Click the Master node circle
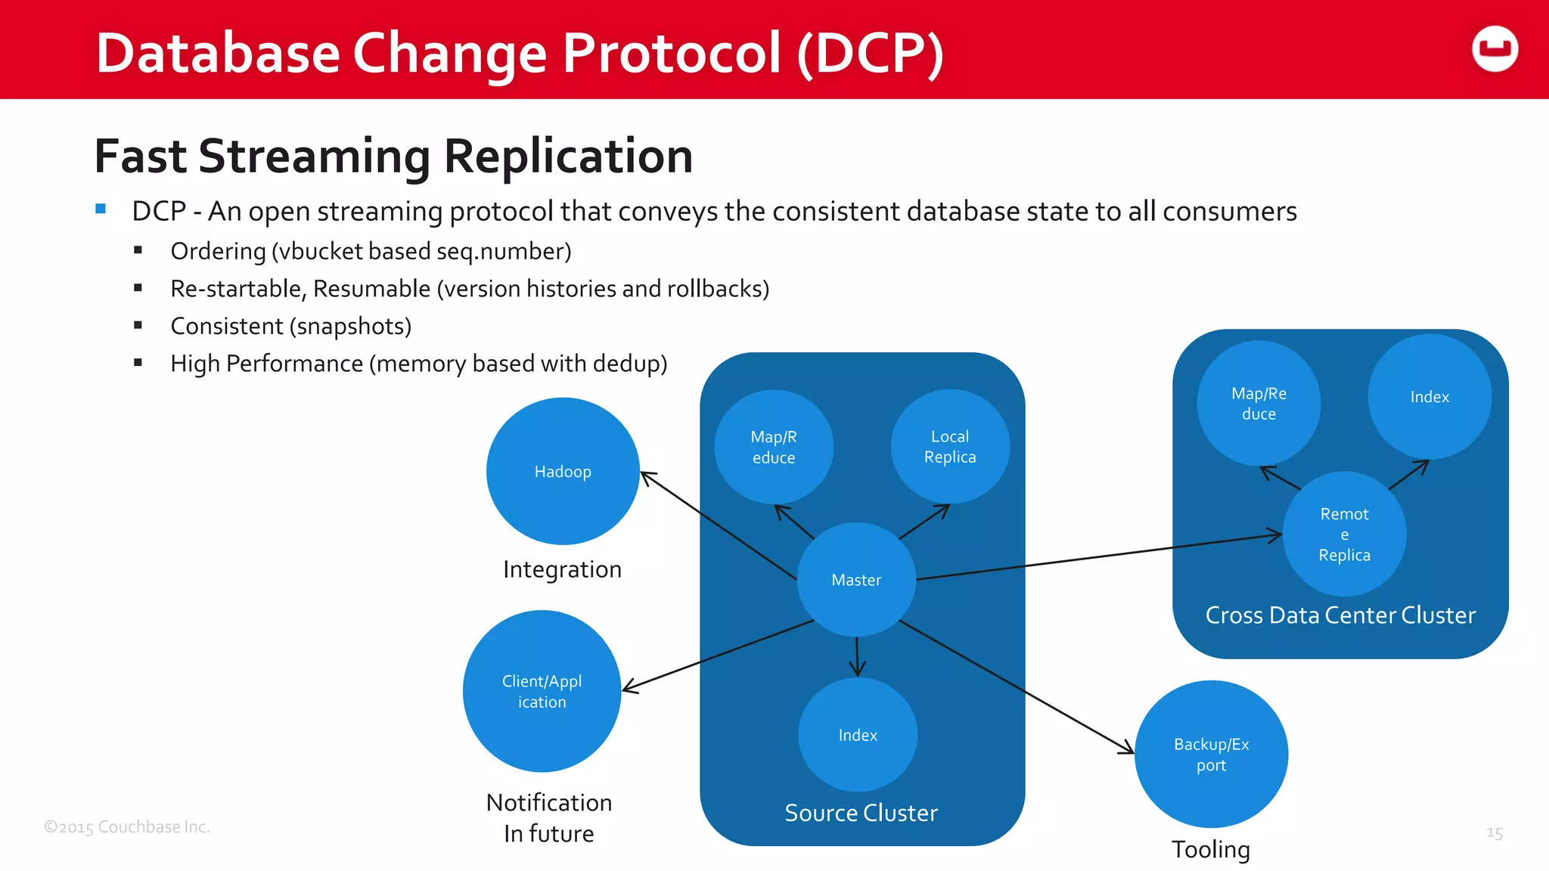pos(856,580)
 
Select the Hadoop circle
pos(563,471)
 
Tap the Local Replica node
pos(950,447)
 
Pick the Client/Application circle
pos(542,691)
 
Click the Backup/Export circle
pos(1211,754)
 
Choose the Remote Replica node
pos(1344,534)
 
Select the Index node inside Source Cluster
pos(858,735)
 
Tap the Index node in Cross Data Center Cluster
pos(1429,397)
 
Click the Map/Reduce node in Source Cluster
pos(774,447)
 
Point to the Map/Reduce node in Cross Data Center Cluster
pos(1259,403)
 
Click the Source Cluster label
pos(861,813)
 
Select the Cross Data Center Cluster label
pos(1340,615)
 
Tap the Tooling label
pos(1211,850)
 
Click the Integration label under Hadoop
pos(562,569)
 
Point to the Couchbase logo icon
pos(1495,49)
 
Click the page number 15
pos(1494,833)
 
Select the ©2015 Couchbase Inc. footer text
pos(127,827)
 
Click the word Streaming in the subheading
pos(315,157)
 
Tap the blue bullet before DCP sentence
pos(101,209)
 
